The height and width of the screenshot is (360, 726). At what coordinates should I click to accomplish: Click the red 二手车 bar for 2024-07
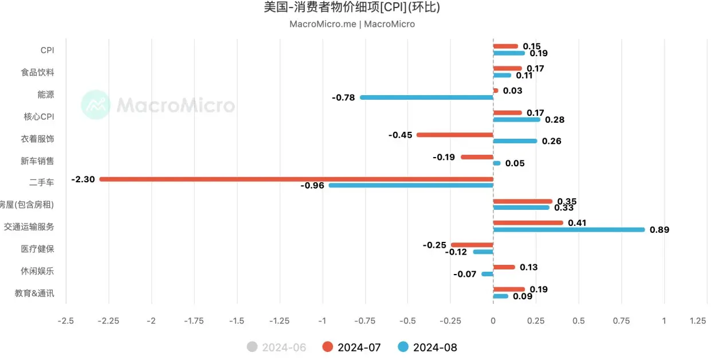click(296, 179)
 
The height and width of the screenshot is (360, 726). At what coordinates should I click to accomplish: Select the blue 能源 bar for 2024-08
click(426, 97)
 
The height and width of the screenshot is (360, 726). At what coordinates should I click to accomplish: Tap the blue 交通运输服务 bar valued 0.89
click(568, 229)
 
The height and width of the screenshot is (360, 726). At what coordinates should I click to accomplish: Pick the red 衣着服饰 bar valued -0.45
click(454, 135)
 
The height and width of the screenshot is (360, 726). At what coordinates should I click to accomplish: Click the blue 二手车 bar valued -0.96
click(411, 185)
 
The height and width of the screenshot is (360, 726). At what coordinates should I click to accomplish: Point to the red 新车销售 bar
click(477, 157)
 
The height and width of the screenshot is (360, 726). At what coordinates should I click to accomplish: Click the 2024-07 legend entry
click(351, 347)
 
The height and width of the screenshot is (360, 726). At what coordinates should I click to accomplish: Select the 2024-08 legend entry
click(427, 347)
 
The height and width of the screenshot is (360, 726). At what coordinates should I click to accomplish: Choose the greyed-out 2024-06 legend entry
click(276, 347)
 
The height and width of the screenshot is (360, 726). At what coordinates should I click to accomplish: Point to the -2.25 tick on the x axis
click(109, 321)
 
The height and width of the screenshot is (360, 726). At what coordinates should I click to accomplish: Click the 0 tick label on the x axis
click(493, 321)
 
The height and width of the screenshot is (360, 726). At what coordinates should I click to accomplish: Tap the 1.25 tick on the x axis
click(697, 321)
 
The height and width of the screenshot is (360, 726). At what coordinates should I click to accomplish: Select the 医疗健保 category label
click(37, 249)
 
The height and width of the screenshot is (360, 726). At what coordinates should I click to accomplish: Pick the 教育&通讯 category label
click(34, 293)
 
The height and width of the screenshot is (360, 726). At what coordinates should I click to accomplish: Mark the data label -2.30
click(83, 179)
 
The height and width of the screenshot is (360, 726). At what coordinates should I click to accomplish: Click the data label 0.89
click(659, 230)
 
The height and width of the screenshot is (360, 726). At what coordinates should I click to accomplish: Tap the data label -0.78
click(343, 98)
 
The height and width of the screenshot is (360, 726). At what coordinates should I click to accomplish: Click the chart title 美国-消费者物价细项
click(352, 7)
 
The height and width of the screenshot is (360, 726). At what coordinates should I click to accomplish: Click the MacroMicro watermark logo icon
click(95, 105)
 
